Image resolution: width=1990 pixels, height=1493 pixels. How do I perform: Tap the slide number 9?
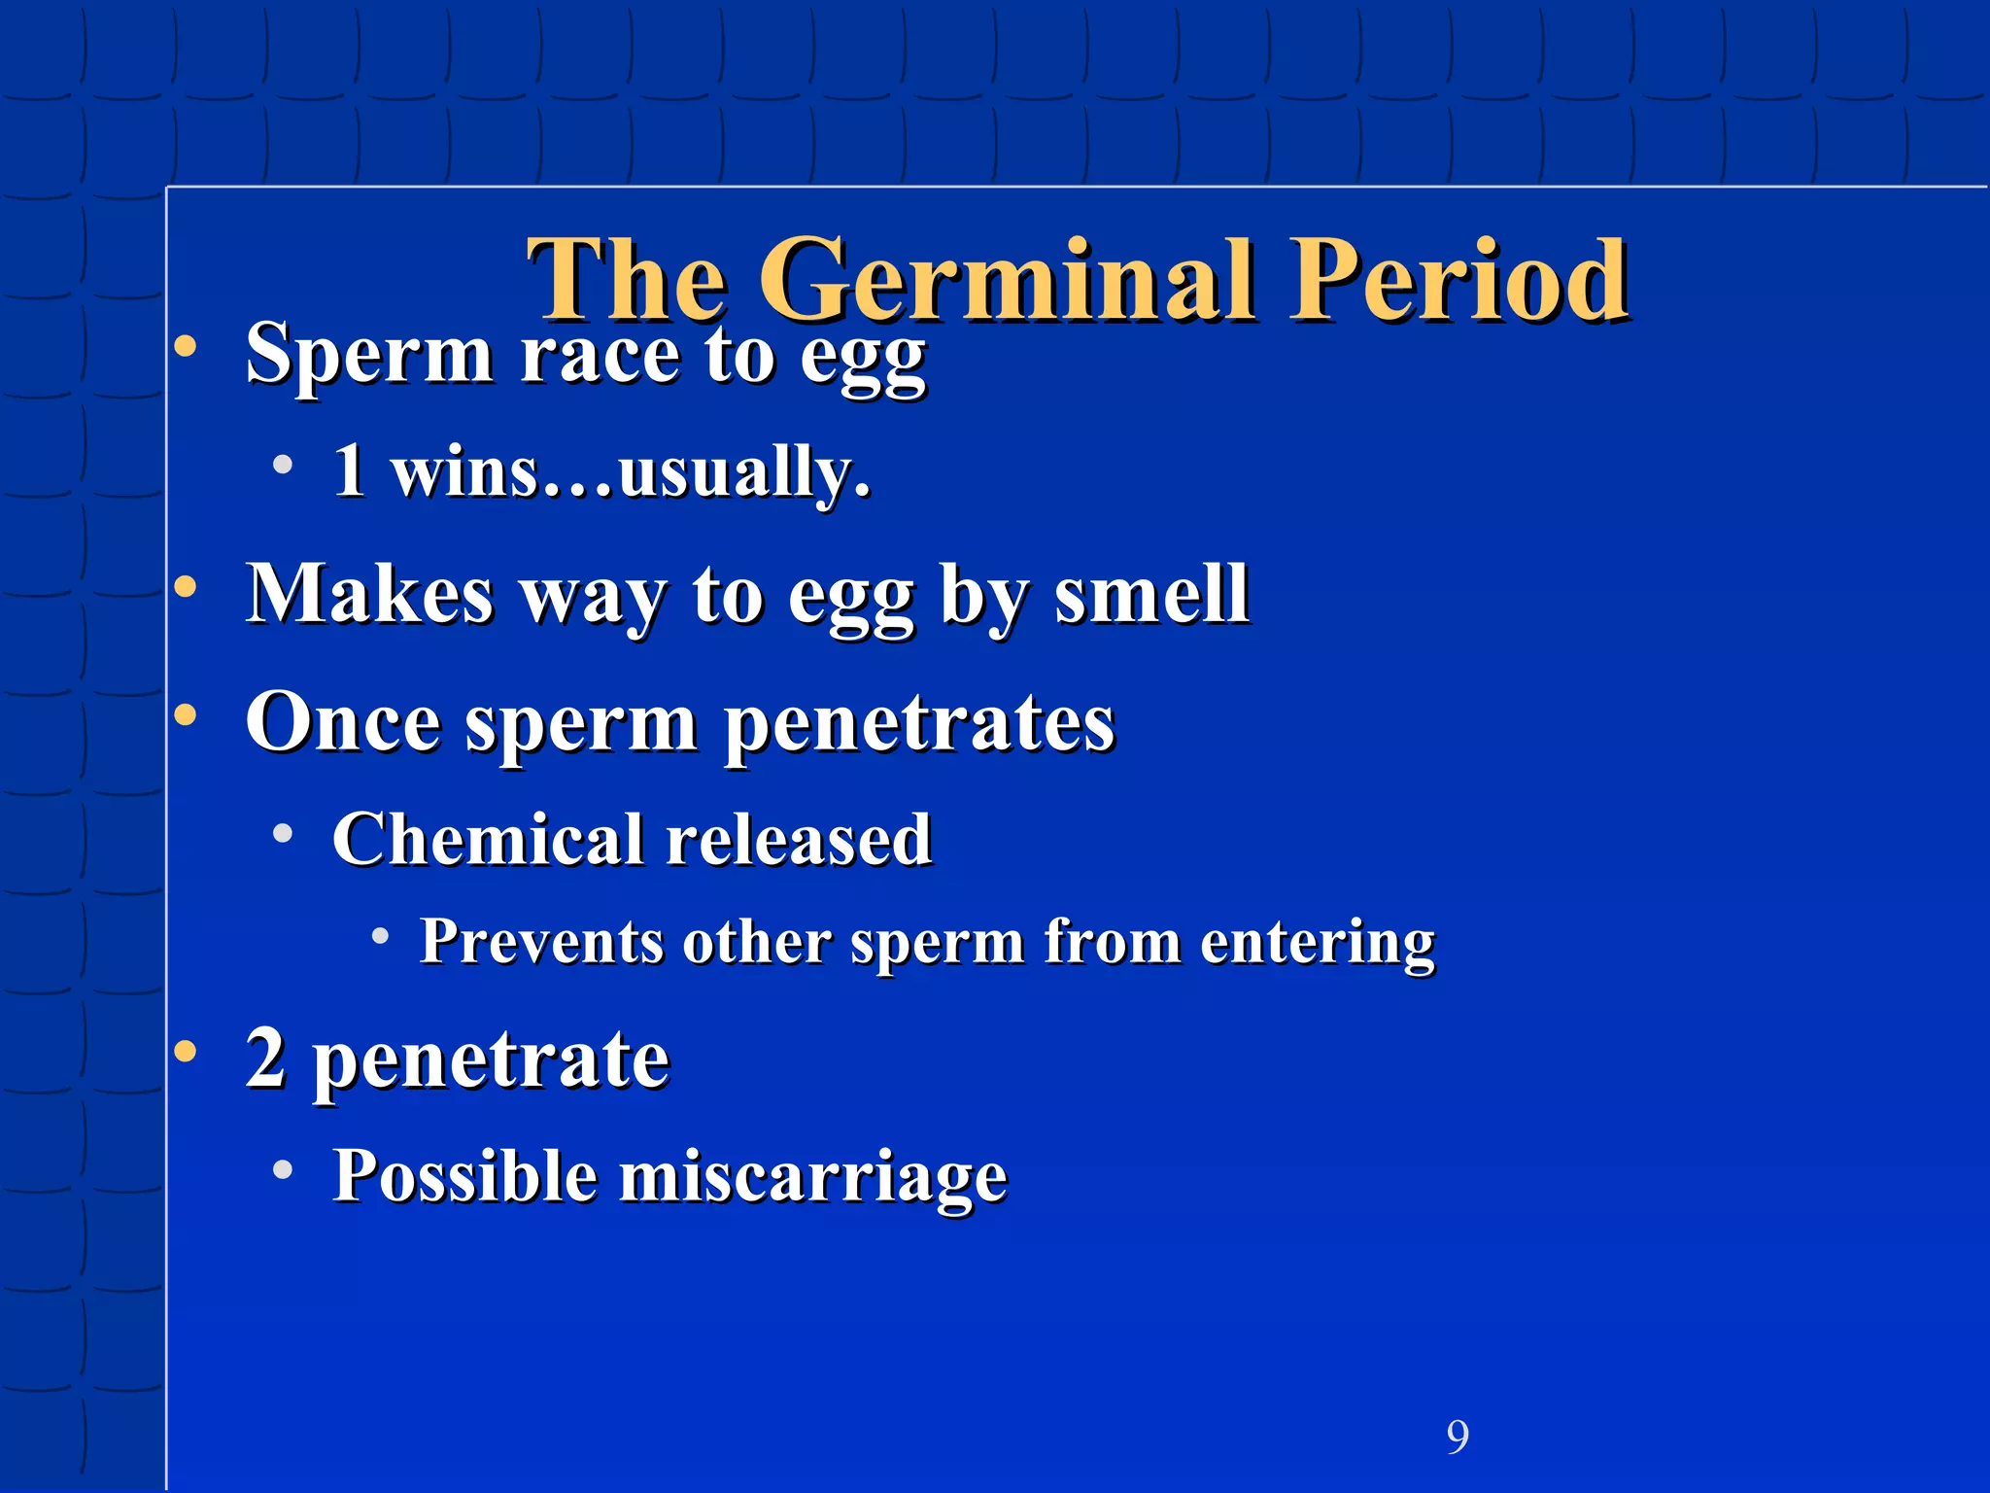pos(1458,1437)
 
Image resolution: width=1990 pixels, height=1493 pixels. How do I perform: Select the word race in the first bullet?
pos(599,355)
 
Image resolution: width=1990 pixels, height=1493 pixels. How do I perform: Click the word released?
pos(799,840)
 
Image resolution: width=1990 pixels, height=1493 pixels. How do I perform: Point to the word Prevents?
pos(541,942)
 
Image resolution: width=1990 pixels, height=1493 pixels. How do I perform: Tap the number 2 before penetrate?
pos(265,1059)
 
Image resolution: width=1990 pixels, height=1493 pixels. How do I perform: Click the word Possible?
pos(464,1176)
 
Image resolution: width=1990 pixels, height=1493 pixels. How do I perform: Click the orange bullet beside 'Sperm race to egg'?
pos(185,347)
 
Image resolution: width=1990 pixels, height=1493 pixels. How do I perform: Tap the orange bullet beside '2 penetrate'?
pos(185,1051)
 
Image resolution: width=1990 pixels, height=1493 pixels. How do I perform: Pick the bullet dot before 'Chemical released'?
pos(283,833)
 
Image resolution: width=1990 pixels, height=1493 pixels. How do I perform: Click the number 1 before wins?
pos(349,471)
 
